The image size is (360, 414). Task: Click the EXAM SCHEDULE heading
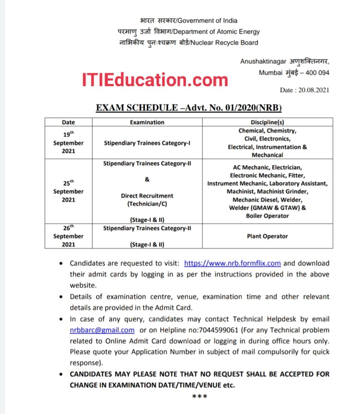[x=188, y=108]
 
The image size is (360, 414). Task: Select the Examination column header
[x=147, y=122]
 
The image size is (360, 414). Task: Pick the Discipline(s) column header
[x=267, y=122]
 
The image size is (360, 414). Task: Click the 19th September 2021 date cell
[x=68, y=143]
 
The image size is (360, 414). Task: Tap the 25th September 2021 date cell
[x=68, y=191]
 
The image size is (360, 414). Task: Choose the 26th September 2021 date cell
[x=68, y=236]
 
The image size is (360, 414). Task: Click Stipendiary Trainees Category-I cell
[x=147, y=143]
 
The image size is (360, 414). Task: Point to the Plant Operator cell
[x=267, y=236]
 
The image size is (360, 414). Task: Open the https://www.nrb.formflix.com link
[x=232, y=263]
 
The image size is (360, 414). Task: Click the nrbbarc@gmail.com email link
[x=102, y=330]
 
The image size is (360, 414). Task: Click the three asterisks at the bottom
[x=200, y=396]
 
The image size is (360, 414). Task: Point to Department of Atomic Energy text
[x=218, y=32]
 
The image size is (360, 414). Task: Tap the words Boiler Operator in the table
[x=267, y=216]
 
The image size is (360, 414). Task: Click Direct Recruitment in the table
[x=147, y=196]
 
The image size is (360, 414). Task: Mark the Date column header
[x=68, y=122]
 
